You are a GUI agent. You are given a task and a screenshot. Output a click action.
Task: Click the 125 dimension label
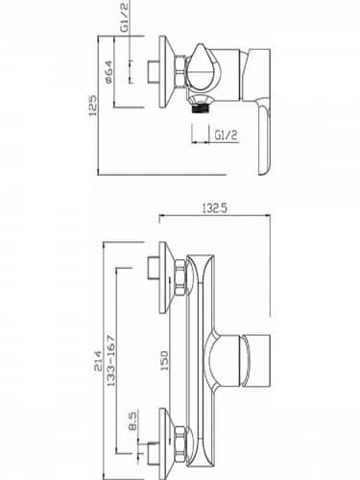(x=93, y=106)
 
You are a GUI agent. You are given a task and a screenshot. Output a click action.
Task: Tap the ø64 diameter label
(x=108, y=72)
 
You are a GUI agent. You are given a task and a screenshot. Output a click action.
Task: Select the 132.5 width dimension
(x=214, y=208)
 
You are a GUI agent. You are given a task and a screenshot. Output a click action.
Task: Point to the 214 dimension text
(x=98, y=361)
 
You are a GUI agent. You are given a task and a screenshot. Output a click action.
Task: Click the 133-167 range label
(x=111, y=361)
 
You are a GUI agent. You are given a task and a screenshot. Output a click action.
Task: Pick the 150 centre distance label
(x=164, y=361)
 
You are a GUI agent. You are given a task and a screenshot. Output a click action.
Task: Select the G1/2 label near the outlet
(x=226, y=135)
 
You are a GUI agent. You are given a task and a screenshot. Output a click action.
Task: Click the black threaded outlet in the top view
(x=200, y=109)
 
